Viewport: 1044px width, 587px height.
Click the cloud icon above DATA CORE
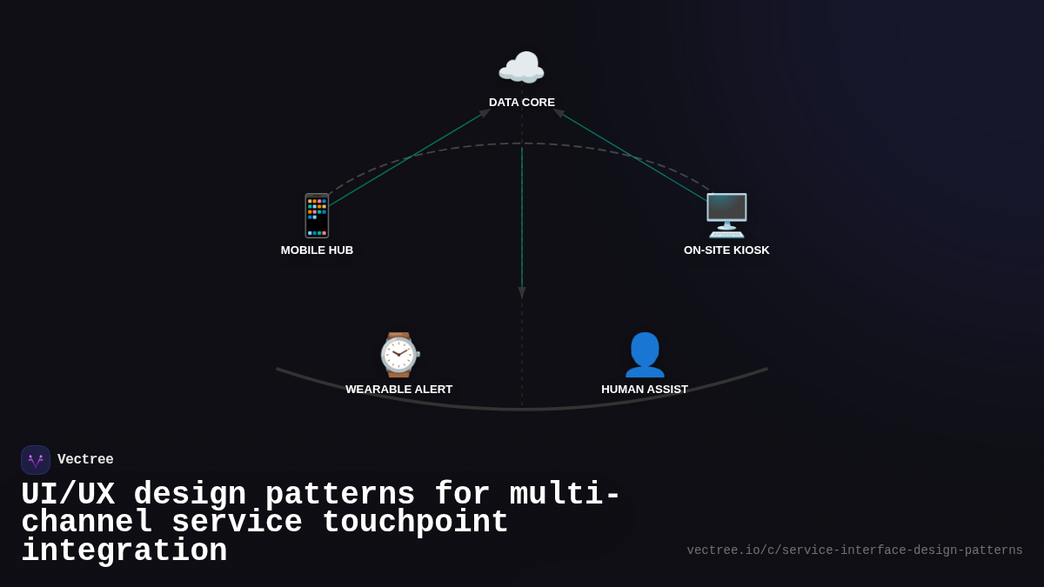[x=521, y=69]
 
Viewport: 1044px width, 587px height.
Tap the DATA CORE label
[x=522, y=103]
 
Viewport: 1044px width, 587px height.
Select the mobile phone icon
[x=317, y=216]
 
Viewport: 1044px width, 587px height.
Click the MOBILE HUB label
[x=317, y=250]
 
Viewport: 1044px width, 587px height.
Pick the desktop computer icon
[x=726, y=216]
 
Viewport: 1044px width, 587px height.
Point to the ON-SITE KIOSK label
[x=726, y=250]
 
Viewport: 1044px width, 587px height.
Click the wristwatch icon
[x=398, y=355]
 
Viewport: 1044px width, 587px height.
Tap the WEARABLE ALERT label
[x=398, y=390]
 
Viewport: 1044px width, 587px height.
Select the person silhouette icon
[x=645, y=355]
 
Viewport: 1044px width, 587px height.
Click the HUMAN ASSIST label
[x=645, y=390]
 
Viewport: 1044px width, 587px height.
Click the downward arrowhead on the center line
[x=522, y=293]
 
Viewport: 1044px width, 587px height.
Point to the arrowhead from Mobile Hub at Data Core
[x=485, y=113]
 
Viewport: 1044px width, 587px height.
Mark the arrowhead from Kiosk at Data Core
[x=559, y=113]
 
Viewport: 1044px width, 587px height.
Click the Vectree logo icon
[x=36, y=460]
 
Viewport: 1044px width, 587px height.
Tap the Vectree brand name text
[x=85, y=460]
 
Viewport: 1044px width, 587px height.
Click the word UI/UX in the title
[x=68, y=495]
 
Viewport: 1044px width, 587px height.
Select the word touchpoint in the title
[x=416, y=523]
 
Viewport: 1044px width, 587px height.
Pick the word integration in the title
[x=124, y=551]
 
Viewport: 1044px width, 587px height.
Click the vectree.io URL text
[x=854, y=550]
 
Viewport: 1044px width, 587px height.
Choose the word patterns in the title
[x=339, y=495]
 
